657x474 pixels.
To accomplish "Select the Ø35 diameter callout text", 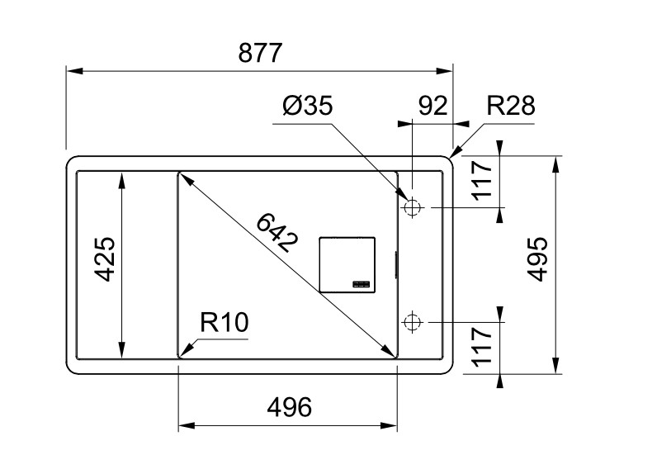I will click(x=307, y=107).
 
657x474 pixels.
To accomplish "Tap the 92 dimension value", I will click(x=433, y=107).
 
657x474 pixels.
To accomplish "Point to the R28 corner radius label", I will click(x=510, y=107).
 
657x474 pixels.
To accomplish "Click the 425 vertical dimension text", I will click(x=105, y=260).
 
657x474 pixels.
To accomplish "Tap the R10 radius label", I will click(x=224, y=323).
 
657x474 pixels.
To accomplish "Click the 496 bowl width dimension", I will click(x=289, y=407).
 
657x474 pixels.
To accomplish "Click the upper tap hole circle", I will click(x=412, y=208).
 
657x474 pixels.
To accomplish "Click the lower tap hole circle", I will click(x=412, y=320).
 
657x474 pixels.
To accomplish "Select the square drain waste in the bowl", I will click(x=347, y=264).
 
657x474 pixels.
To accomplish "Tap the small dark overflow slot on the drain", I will click(x=362, y=285).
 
